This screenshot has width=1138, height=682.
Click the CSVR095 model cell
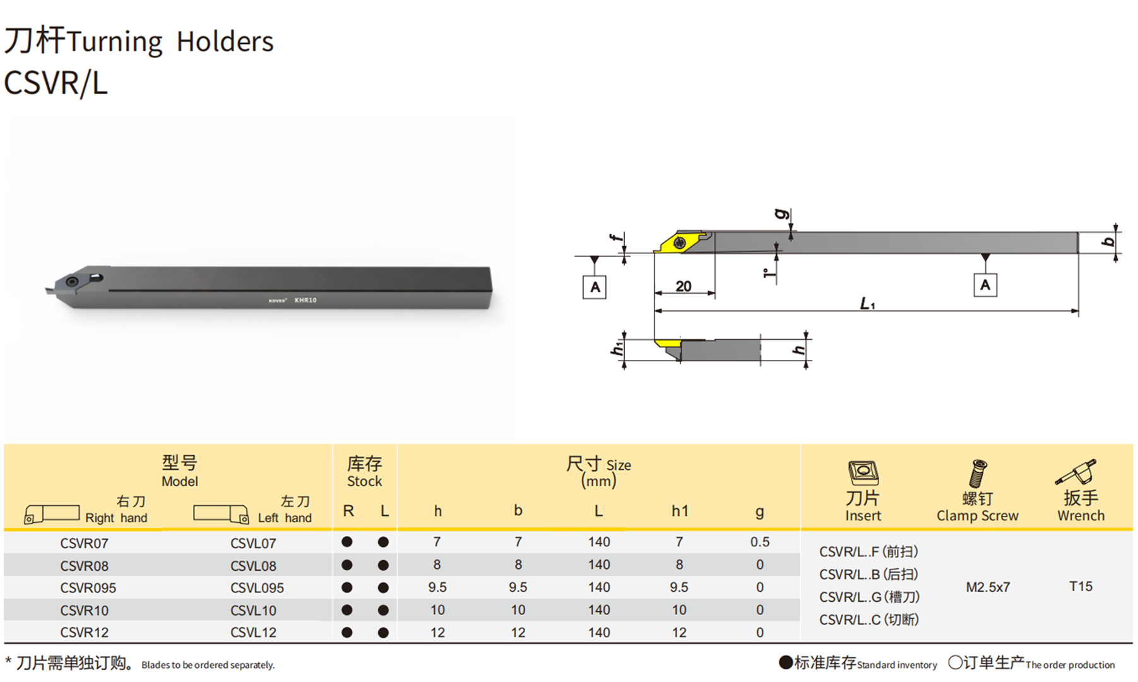(x=88, y=588)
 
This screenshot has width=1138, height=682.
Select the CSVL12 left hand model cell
(x=253, y=633)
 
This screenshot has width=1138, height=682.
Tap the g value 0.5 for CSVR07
(x=760, y=542)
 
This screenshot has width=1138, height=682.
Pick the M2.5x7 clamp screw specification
(x=987, y=587)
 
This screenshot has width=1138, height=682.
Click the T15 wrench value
(x=1081, y=586)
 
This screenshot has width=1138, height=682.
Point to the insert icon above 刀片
(x=863, y=473)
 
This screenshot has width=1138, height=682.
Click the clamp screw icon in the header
(x=977, y=473)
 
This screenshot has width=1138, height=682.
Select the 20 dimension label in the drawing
(x=683, y=286)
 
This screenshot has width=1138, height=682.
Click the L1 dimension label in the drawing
(x=867, y=304)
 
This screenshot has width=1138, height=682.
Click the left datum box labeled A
(x=595, y=287)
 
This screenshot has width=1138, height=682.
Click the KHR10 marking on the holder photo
(x=305, y=300)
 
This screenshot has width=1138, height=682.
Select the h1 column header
(x=679, y=511)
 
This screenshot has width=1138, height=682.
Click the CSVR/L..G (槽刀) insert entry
(x=869, y=597)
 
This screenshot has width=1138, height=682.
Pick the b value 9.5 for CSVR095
(x=518, y=587)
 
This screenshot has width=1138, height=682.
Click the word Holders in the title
(x=225, y=42)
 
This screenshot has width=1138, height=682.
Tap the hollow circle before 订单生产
(x=955, y=662)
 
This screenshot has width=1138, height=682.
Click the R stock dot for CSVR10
(x=347, y=610)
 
